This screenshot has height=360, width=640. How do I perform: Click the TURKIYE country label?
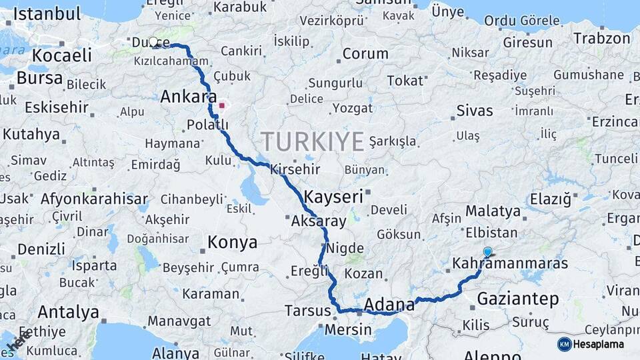[312, 141]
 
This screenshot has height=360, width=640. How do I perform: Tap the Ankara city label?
[189, 97]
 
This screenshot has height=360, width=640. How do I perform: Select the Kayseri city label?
[333, 197]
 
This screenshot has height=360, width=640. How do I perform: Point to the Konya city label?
[232, 241]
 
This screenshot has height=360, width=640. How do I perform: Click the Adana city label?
[387, 305]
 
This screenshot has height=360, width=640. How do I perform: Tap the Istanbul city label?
[47, 13]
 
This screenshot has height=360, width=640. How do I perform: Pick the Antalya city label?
[68, 311]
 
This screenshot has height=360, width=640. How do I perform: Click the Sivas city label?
[475, 111]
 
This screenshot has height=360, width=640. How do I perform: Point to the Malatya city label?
[493, 211]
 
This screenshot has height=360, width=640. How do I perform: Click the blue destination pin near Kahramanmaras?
[487, 252]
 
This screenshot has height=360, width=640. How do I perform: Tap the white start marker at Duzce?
[153, 42]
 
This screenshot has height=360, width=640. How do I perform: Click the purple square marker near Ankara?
[222, 105]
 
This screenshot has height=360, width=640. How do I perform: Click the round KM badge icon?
[565, 344]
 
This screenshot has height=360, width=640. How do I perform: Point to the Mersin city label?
[348, 329]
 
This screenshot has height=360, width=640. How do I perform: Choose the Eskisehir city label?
[56, 107]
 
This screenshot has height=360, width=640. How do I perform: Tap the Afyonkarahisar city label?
[94, 199]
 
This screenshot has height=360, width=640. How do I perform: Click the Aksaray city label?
[319, 221]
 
